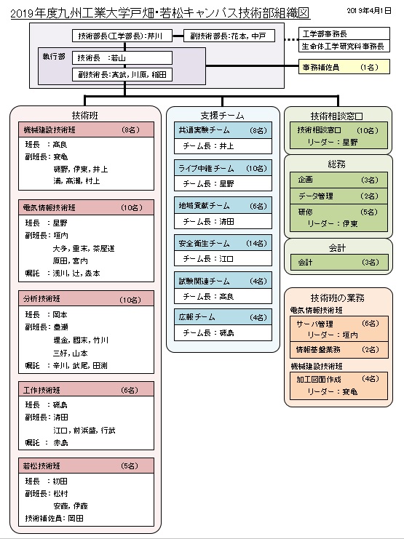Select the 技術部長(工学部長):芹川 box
click(x=127, y=36)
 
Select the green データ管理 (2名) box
click(x=337, y=196)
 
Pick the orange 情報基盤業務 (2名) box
click(x=337, y=349)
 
